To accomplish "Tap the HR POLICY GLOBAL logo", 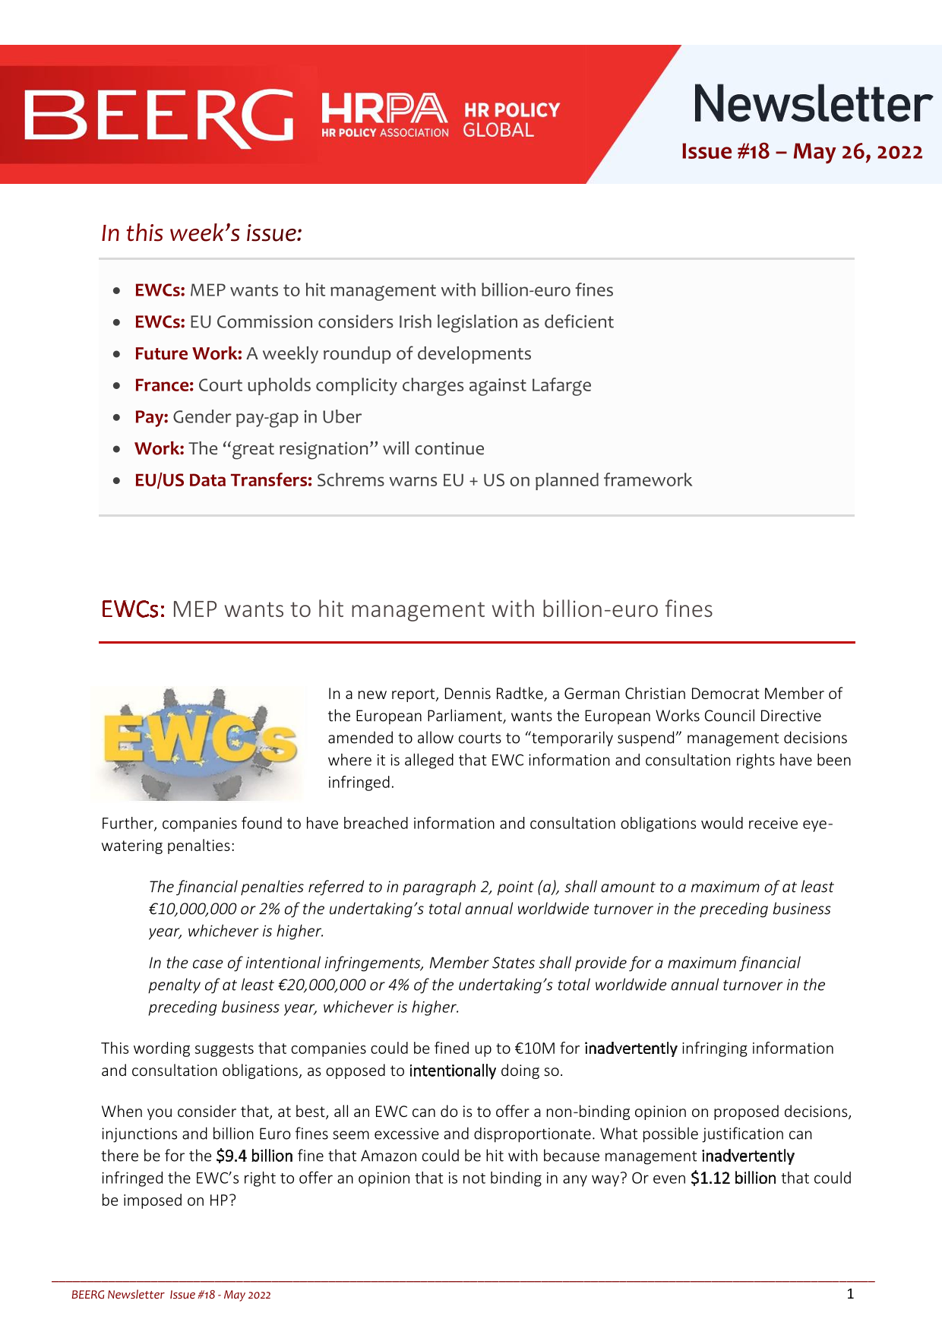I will click(511, 120).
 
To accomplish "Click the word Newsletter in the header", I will click(811, 104).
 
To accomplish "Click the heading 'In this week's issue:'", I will click(201, 233).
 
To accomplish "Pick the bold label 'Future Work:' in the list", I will click(188, 354).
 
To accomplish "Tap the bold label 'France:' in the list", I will click(163, 385).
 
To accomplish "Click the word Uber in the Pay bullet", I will click(342, 417).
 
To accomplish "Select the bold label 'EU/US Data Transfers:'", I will click(223, 480).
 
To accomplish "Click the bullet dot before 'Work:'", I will click(116, 449).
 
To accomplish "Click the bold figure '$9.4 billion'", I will click(254, 1156).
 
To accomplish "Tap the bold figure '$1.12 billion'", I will click(732, 1179).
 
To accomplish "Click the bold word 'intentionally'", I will click(452, 1071).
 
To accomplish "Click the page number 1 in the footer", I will click(850, 1294).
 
